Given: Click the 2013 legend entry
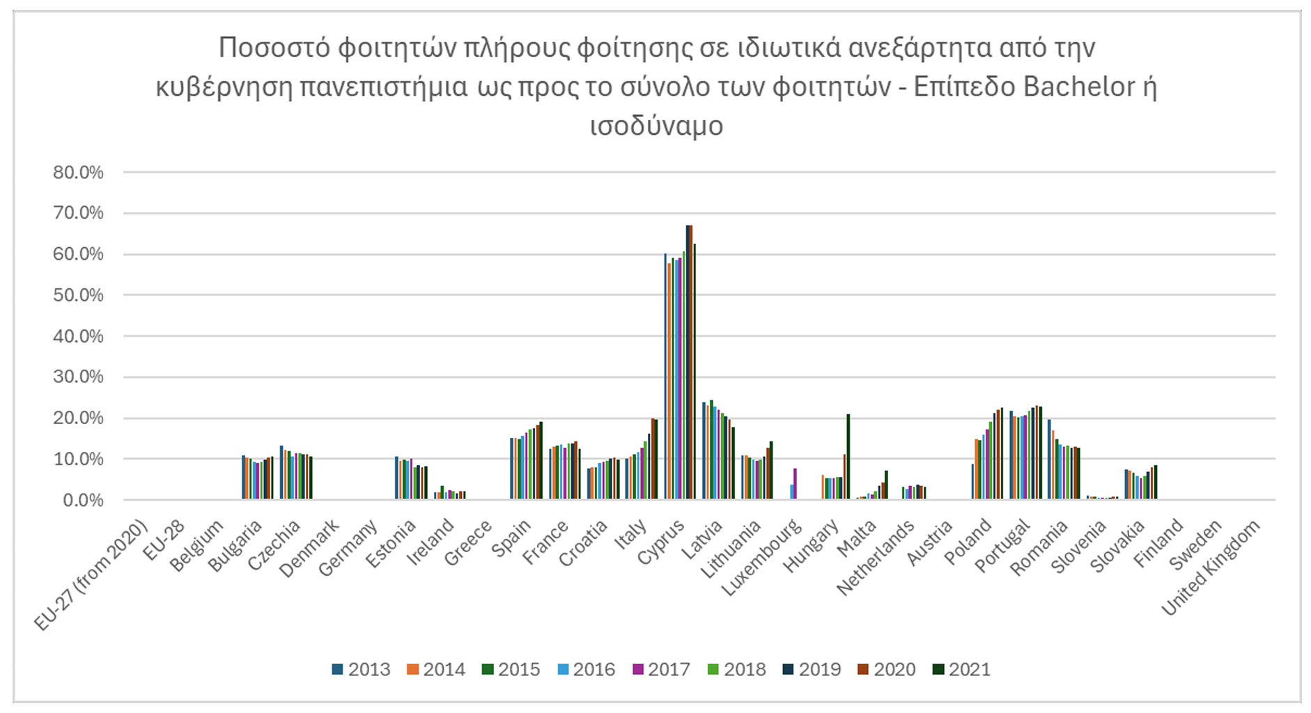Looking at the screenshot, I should [361, 670].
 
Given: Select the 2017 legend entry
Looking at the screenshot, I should [661, 670].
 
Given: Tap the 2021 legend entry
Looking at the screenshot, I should [961, 670].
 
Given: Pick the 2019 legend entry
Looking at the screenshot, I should [812, 670].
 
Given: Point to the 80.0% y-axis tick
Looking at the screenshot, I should [78, 173].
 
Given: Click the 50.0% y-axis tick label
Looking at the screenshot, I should [78, 295].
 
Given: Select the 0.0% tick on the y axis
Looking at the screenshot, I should [83, 500].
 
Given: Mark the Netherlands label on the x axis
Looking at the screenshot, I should [876, 558].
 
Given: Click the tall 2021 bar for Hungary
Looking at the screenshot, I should [848, 457].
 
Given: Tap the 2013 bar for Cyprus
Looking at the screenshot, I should [665, 376].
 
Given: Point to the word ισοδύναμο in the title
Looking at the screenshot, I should [656, 126].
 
